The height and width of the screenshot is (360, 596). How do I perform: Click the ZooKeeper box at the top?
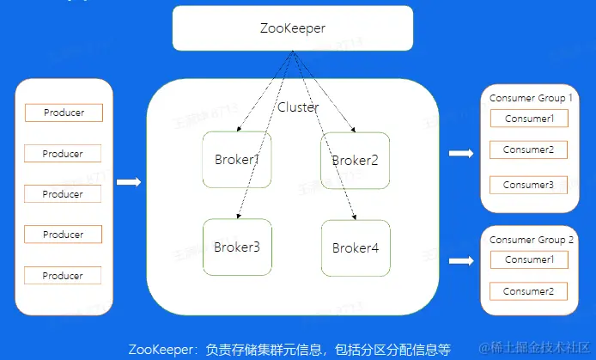pyautogui.click(x=292, y=27)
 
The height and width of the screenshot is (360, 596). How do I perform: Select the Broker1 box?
pyautogui.click(x=236, y=160)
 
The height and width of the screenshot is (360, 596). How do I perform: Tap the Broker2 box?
pyautogui.click(x=355, y=160)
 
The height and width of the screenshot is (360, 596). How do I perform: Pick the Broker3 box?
pyautogui.click(x=236, y=247)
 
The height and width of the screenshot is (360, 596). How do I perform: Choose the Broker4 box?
pyautogui.click(x=355, y=247)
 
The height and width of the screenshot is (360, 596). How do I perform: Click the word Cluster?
pyautogui.click(x=298, y=107)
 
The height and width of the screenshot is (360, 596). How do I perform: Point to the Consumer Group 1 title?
pyautogui.click(x=530, y=98)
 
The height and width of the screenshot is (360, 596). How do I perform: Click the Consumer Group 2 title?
pyautogui.click(x=530, y=239)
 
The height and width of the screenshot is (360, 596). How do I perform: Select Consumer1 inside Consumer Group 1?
pyautogui.click(x=529, y=119)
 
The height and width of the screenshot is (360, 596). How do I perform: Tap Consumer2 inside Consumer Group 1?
pyautogui.click(x=529, y=150)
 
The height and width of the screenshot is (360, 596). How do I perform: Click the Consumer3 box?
pyautogui.click(x=529, y=185)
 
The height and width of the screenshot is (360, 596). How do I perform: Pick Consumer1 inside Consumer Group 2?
pyautogui.click(x=529, y=259)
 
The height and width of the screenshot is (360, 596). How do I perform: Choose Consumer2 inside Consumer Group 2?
pyautogui.click(x=529, y=291)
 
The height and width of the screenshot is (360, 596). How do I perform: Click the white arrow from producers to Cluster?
pyautogui.click(x=128, y=181)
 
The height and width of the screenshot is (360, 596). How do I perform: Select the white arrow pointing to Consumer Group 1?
pyautogui.click(x=461, y=154)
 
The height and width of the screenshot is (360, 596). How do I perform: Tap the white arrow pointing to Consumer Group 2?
pyautogui.click(x=461, y=259)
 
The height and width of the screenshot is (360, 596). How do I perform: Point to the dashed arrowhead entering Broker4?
pyautogui.click(x=354, y=216)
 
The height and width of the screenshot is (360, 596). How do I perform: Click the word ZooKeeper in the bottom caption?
pyautogui.click(x=162, y=349)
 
